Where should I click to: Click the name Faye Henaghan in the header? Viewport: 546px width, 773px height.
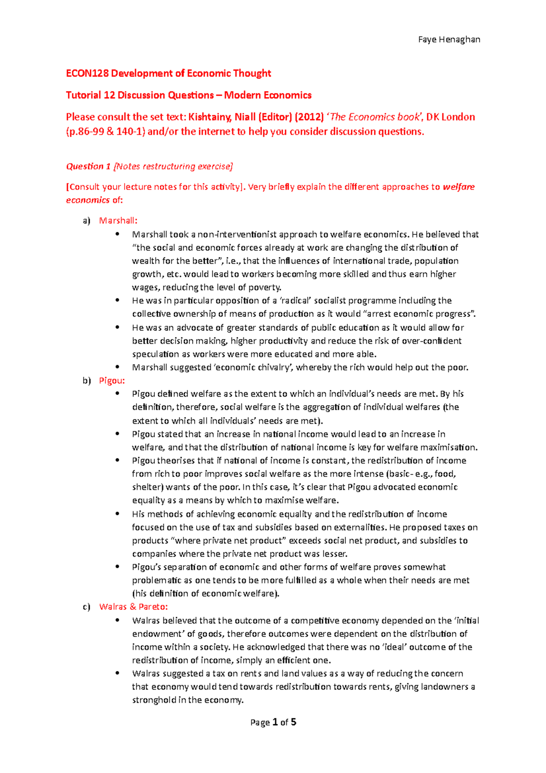[x=449, y=40]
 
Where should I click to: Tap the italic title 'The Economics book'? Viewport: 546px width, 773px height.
[x=374, y=117]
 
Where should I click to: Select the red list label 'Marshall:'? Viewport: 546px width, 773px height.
[x=118, y=221]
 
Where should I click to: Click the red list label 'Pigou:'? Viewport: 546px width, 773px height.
[x=111, y=381]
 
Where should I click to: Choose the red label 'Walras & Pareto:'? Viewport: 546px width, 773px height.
[x=133, y=607]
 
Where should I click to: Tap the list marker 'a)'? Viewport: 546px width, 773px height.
[x=86, y=221]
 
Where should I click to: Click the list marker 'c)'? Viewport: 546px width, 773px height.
[x=86, y=607]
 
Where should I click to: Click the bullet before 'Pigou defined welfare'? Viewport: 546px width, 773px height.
[x=117, y=393]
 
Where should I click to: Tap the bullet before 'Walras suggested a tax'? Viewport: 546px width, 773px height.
[x=117, y=673]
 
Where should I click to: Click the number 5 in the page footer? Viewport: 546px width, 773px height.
[x=293, y=722]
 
